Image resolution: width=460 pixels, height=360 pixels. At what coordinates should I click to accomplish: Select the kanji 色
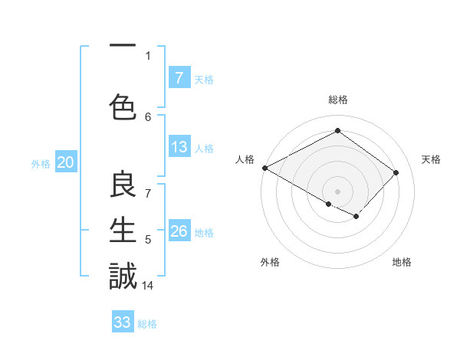(123, 107)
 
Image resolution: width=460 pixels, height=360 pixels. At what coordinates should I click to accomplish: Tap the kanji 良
(123, 186)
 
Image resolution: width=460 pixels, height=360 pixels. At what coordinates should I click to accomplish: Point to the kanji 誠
(123, 276)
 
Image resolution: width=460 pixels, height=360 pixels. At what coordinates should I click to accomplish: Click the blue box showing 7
(179, 77)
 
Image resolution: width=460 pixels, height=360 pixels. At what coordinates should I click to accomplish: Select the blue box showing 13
(179, 148)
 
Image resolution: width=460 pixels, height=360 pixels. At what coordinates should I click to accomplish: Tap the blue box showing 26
(179, 231)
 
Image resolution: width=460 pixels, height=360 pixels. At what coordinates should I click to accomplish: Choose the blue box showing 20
(65, 162)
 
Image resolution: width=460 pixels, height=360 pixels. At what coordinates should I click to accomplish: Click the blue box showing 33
(123, 322)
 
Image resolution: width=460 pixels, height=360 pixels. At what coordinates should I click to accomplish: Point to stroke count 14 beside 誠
(149, 286)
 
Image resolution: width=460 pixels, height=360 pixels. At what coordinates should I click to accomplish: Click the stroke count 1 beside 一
(148, 55)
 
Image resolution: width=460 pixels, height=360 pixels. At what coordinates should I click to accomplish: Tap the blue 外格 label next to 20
(41, 163)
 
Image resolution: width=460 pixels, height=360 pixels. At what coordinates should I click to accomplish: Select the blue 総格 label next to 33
(147, 324)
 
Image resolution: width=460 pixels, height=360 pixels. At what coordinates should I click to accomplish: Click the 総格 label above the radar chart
(337, 100)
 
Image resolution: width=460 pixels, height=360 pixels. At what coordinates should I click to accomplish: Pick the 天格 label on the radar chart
(432, 159)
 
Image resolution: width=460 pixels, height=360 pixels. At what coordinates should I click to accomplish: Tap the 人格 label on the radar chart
(245, 159)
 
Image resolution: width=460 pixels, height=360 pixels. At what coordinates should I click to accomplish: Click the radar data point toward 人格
(264, 168)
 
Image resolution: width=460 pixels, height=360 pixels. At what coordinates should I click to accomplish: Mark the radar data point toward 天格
(396, 172)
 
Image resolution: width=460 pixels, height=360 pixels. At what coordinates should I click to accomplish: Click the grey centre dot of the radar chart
(337, 191)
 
